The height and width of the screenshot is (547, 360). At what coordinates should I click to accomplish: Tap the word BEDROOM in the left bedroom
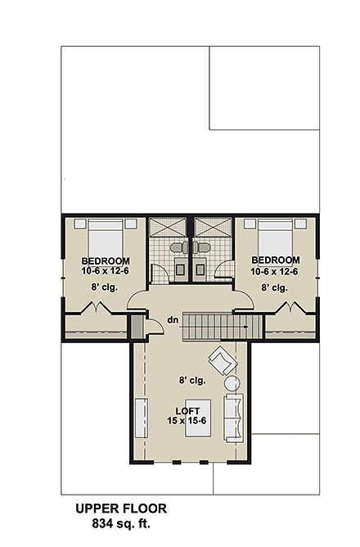(x=105, y=260)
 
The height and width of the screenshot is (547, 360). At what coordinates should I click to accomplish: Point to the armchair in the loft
(x=220, y=360)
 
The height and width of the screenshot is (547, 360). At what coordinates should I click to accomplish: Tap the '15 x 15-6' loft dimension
(x=188, y=421)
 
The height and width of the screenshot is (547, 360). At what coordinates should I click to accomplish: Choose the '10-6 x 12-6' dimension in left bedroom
(x=105, y=271)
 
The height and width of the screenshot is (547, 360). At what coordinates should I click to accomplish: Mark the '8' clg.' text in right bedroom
(x=273, y=287)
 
